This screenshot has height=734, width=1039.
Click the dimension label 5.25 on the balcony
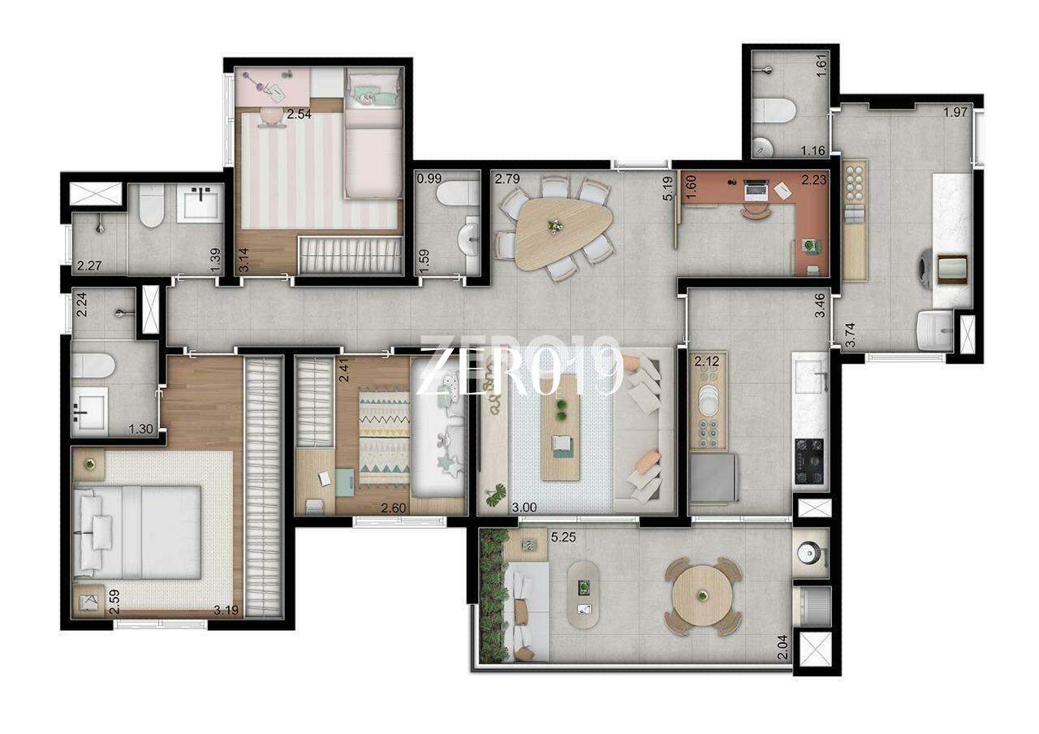(x=563, y=538)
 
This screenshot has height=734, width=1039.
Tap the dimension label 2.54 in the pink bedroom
(x=299, y=114)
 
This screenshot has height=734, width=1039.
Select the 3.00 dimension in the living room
(x=524, y=507)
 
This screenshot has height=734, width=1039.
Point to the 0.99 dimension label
(x=429, y=179)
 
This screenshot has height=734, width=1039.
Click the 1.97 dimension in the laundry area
(x=955, y=112)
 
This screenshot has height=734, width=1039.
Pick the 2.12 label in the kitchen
(x=706, y=361)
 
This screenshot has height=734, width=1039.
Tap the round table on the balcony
(x=702, y=596)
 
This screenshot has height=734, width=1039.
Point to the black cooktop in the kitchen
(x=809, y=462)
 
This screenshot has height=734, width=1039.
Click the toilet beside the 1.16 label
(x=774, y=110)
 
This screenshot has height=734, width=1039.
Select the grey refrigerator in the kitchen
(x=713, y=478)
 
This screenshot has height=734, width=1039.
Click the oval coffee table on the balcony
(x=584, y=594)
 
